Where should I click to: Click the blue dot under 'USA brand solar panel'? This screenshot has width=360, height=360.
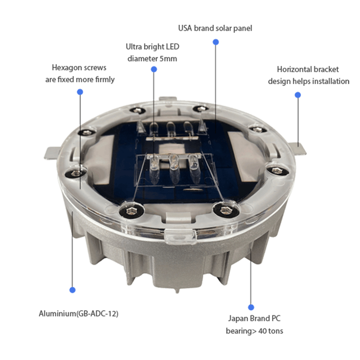pos(216,42)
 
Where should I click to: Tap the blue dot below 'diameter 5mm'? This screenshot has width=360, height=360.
pos(154,69)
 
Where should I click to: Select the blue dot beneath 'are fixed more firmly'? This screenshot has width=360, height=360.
pos(80,92)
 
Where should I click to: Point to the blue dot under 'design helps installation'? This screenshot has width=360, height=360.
pos(298,95)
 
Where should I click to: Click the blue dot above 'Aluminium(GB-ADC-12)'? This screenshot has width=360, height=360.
pos(72,290)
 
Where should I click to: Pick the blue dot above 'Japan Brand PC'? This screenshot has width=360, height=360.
pos(251,307)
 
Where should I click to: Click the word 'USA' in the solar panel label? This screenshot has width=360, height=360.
pos(185,28)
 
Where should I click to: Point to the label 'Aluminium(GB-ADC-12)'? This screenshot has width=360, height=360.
pos(78,314)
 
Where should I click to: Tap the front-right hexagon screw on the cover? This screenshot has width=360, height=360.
pos(224,209)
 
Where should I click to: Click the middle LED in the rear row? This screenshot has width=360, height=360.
pos(170,129)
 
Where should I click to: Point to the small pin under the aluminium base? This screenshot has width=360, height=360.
pos(177,291)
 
